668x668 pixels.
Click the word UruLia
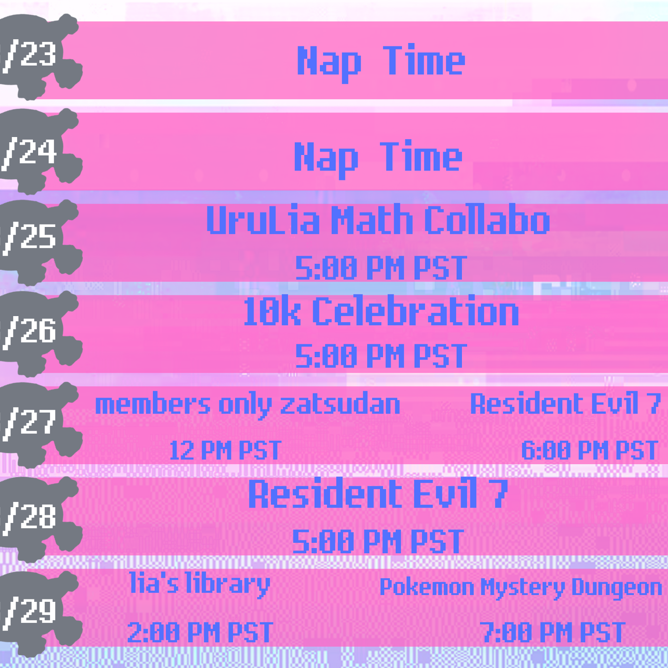263,219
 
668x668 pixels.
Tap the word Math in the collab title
372,219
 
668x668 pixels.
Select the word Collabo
487,219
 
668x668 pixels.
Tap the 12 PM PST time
225,450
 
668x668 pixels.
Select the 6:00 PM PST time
589,450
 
